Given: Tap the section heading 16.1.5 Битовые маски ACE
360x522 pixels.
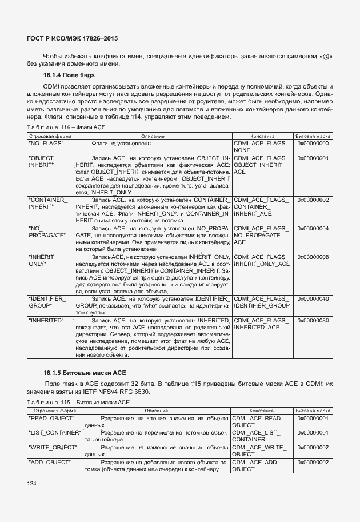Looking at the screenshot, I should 83,372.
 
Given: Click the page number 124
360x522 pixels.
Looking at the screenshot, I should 31,484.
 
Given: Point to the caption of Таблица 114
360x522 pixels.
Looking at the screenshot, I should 66,127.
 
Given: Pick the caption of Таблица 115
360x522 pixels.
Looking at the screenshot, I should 78,403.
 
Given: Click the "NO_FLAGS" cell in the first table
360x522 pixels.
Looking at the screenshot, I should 46,144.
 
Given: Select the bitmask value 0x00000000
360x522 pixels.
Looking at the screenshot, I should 313,144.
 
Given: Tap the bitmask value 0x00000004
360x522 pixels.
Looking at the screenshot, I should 313,229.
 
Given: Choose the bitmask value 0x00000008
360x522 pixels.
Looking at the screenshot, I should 313,257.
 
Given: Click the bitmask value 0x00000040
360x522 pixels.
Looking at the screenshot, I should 313,299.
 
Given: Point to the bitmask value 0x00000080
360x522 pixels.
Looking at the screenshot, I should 313,320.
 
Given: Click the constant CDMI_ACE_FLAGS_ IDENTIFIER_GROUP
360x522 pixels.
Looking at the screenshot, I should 262,302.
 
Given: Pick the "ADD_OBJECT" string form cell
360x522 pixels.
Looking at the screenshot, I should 49,461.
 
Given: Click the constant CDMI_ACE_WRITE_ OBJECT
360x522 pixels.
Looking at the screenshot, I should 260,451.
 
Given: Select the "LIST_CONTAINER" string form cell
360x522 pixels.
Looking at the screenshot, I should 55,433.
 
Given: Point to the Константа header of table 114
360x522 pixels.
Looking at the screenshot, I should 262,136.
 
